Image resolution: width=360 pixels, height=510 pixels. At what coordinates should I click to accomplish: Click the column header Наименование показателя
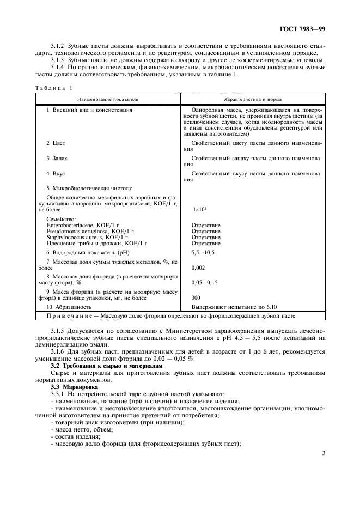[x=108, y=99]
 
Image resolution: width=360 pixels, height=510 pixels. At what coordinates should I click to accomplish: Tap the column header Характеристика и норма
[x=253, y=99]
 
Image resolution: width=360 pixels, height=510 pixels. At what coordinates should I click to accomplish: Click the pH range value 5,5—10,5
[x=205, y=252]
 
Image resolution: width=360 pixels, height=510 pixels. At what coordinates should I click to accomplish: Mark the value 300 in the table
[x=197, y=298]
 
